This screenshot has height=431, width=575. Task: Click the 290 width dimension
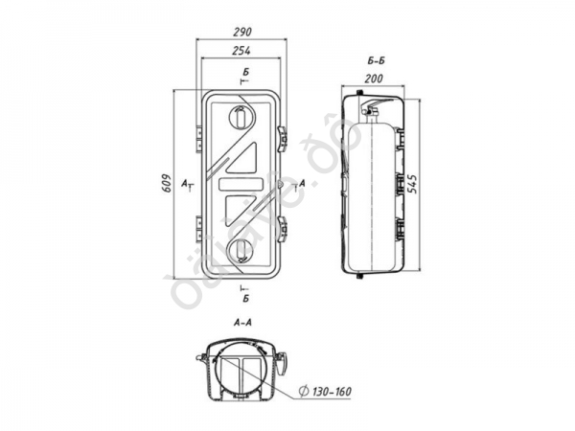pos(241,32)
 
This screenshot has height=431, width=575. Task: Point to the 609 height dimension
pos(167,183)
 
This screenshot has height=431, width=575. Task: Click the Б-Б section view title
pos(376,59)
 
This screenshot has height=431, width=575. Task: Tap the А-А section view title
pos(242,324)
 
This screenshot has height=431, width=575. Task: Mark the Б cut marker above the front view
pos(246,73)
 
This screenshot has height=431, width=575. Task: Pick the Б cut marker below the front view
pos(245,299)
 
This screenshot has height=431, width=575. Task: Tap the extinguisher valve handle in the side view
pos(380,99)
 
